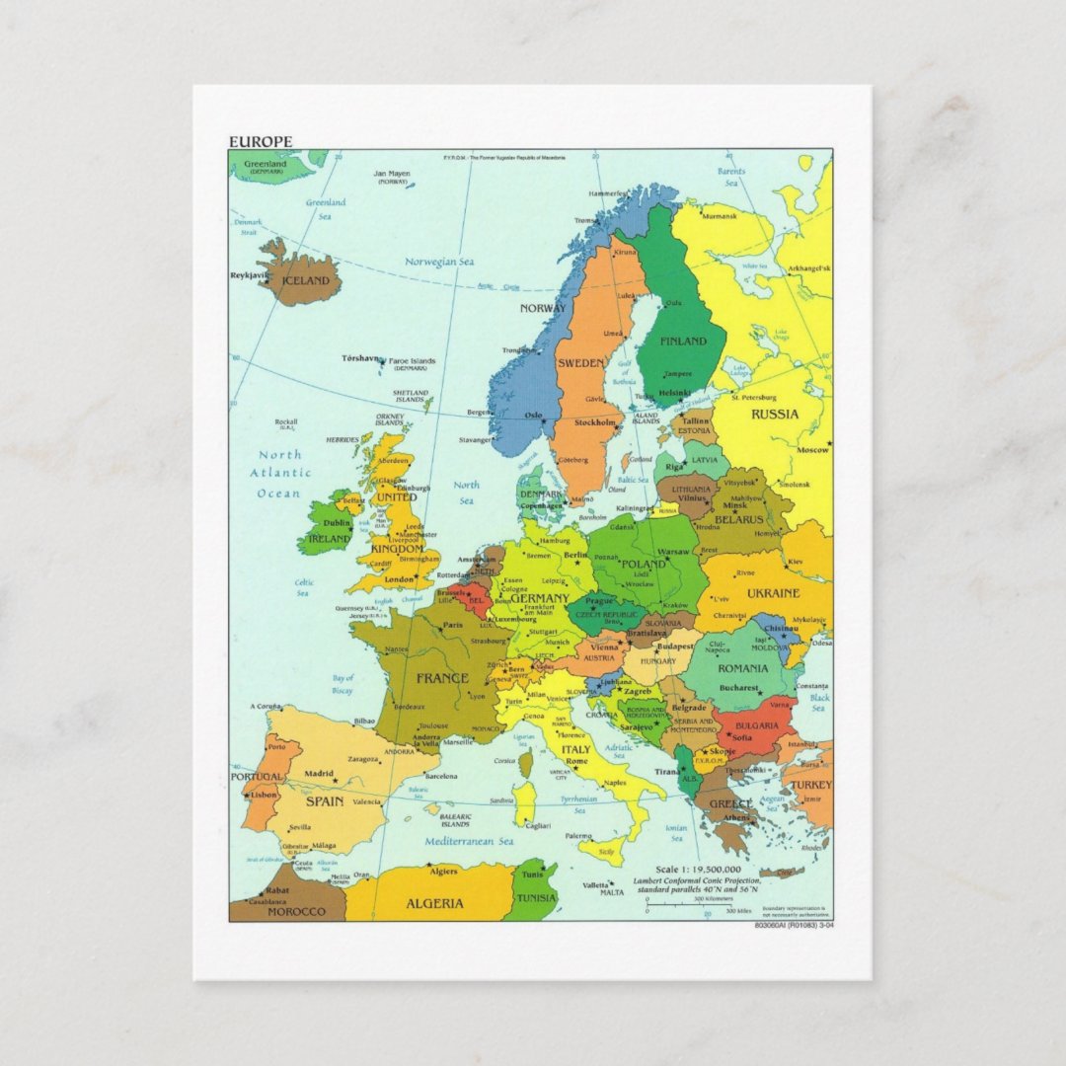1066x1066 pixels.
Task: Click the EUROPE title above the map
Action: (261, 141)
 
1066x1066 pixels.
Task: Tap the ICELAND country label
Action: (306, 281)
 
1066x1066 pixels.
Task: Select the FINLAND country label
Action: (684, 342)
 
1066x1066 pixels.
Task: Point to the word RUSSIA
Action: (775, 415)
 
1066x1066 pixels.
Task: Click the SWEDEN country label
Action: (581, 363)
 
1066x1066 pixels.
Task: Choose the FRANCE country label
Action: (442, 678)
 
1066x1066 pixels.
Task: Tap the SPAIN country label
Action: (324, 801)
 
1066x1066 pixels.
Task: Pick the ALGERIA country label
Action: (434, 903)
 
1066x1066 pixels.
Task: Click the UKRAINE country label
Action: (773, 593)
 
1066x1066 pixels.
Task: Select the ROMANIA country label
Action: (742, 668)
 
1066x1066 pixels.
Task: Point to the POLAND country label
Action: (646, 565)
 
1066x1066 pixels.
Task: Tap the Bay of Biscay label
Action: (343, 684)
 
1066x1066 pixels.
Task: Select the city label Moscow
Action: (812, 450)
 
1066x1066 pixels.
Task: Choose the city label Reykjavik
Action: (250, 275)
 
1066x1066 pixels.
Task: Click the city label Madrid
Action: (318, 774)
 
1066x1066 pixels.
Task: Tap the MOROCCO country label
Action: (296, 911)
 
